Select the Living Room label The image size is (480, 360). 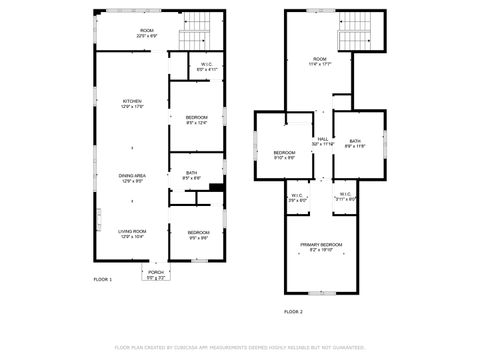point(132,233)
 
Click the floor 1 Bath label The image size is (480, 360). point(191,174)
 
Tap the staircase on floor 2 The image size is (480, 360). point(355,35)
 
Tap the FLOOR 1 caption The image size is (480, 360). point(103,279)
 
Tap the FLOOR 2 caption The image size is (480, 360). point(292,312)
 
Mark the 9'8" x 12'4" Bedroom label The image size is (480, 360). point(196,120)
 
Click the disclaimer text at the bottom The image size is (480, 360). point(240,347)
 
